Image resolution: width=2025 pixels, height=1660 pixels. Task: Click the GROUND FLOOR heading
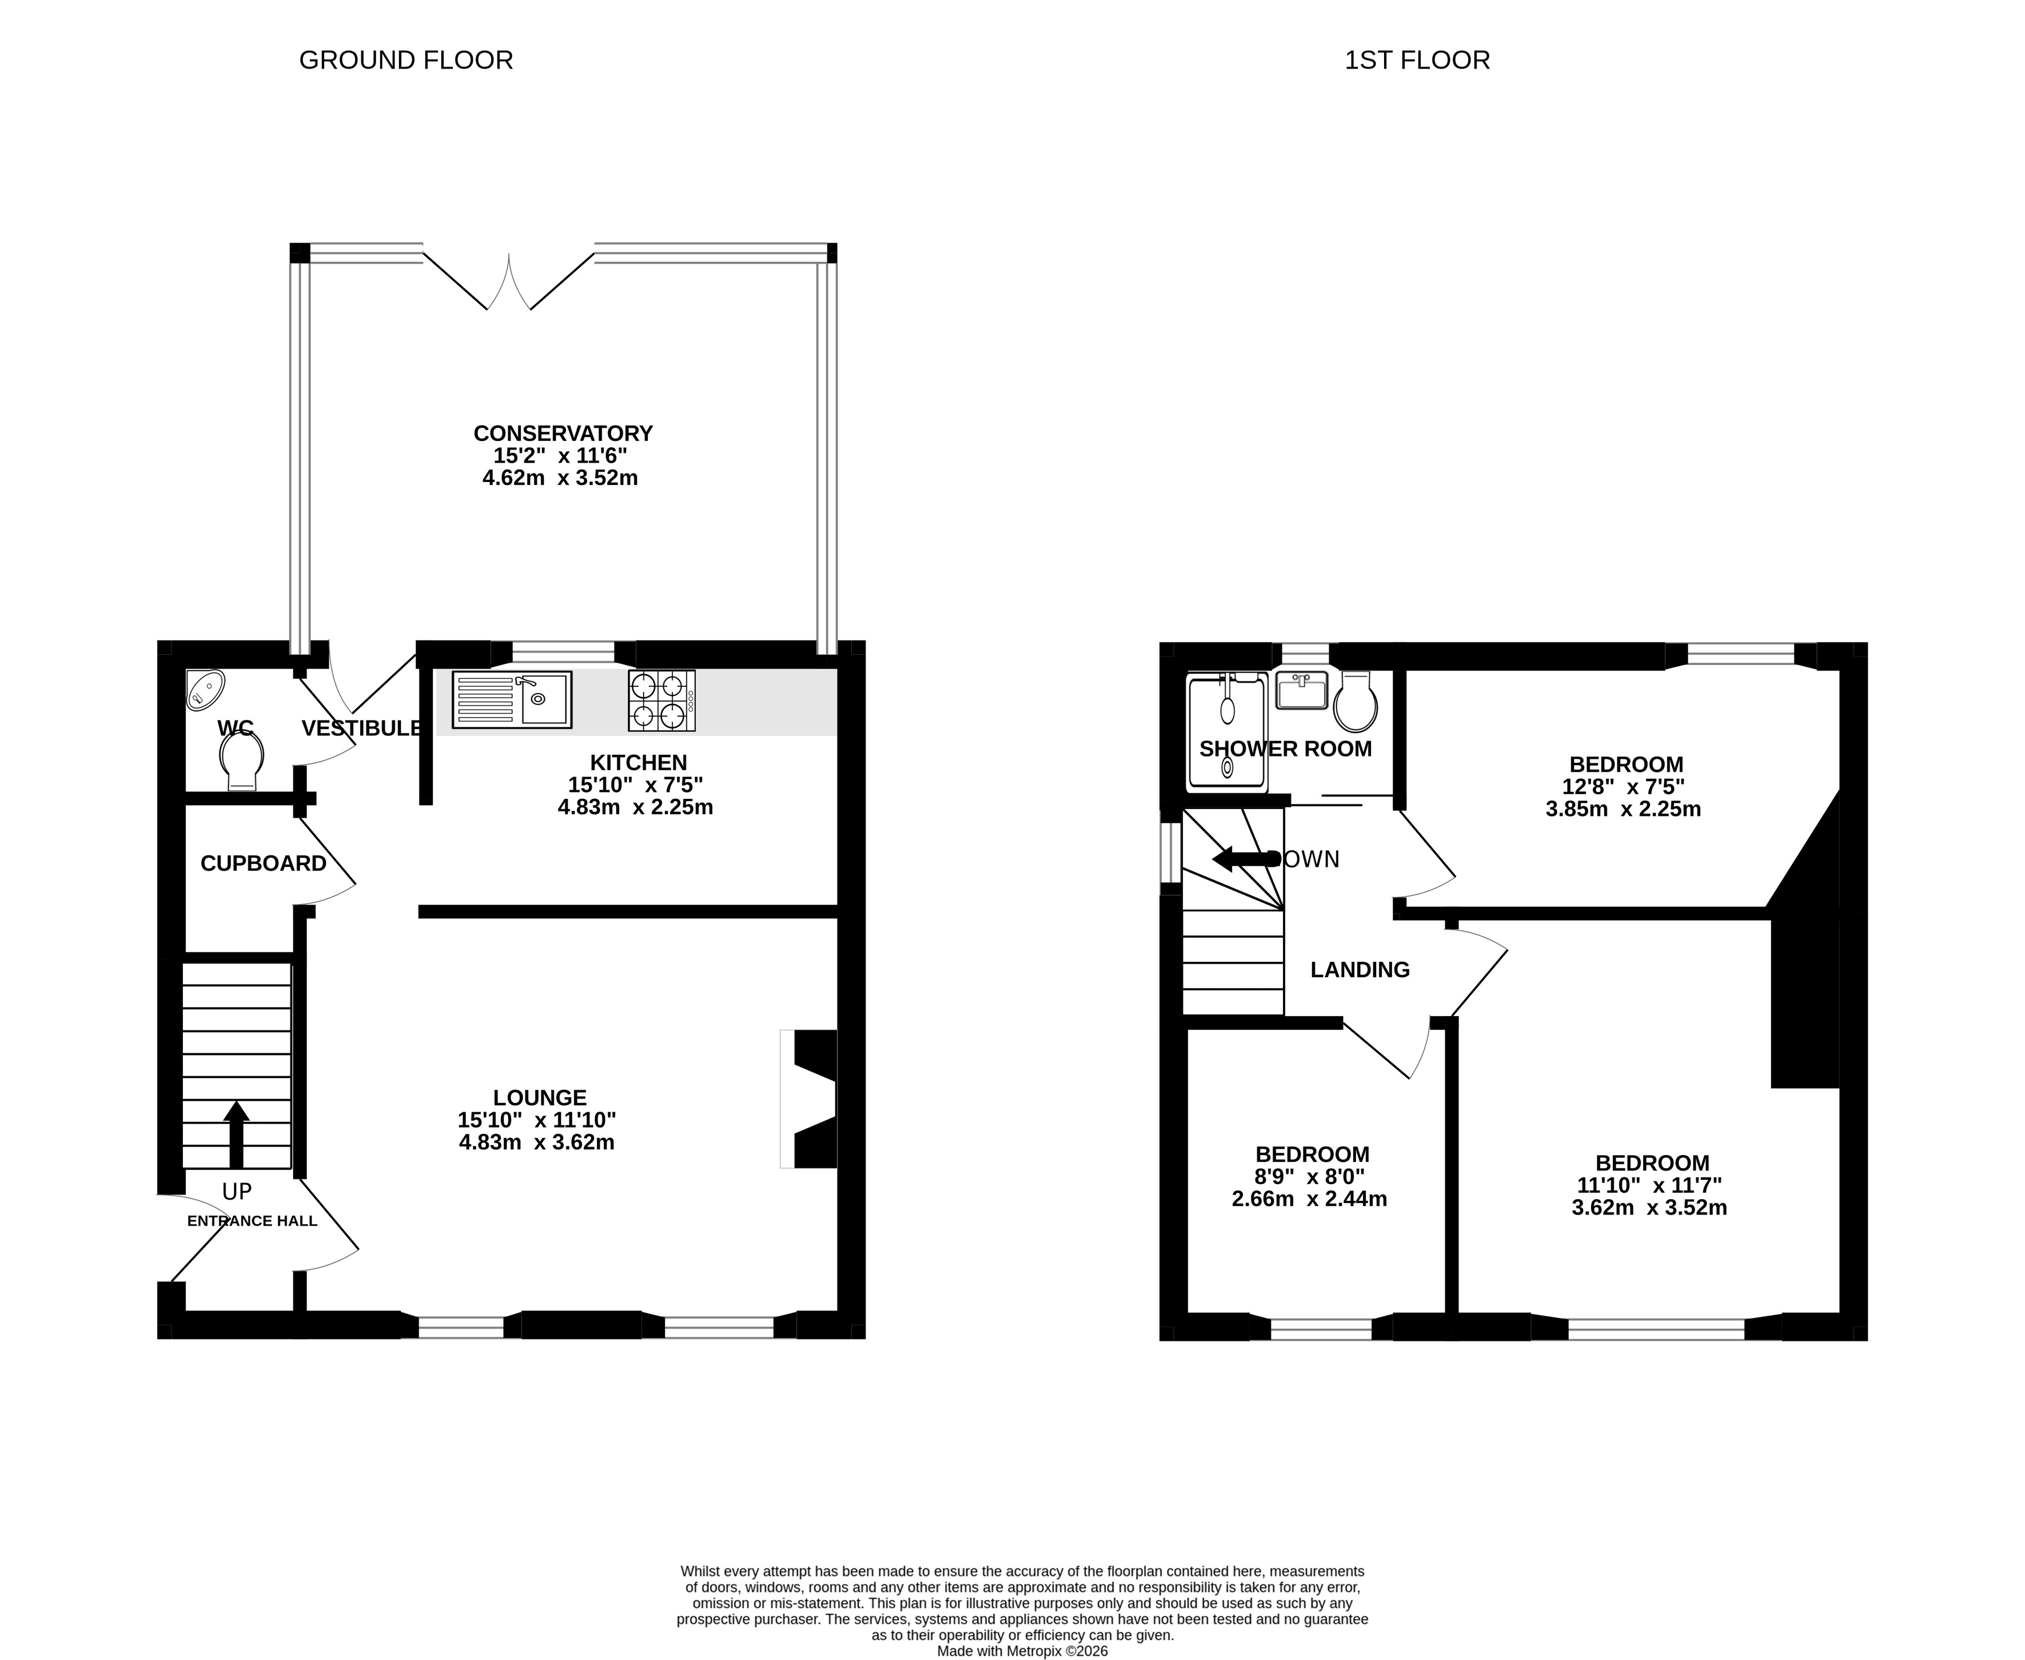click(406, 60)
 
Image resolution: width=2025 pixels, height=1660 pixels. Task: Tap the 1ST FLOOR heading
click(1417, 60)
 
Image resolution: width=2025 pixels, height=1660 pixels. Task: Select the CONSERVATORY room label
click(563, 433)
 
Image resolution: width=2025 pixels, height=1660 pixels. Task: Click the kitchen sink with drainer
click(512, 700)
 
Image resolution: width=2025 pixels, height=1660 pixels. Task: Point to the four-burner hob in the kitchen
click(661, 701)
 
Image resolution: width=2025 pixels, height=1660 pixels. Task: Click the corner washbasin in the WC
click(205, 690)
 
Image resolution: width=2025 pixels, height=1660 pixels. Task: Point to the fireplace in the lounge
click(809, 1098)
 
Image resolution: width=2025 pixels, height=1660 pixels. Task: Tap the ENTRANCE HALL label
click(252, 1221)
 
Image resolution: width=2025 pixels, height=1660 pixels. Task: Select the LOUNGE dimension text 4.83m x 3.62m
click(536, 1143)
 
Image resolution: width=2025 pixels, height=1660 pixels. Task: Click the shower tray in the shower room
click(1227, 733)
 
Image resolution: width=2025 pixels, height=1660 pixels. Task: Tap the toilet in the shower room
click(1356, 702)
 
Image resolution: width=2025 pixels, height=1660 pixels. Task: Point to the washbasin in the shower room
click(1301, 690)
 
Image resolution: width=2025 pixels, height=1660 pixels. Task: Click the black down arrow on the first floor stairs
click(1246, 859)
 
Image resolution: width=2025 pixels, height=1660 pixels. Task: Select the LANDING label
click(1360, 970)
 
